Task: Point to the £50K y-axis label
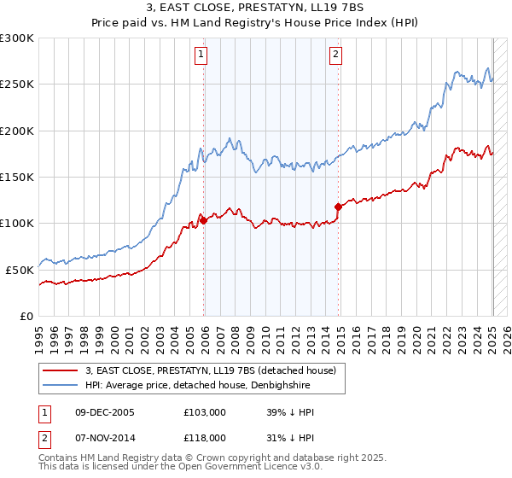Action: [20, 270]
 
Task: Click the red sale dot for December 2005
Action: [204, 221]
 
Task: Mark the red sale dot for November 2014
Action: [339, 207]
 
